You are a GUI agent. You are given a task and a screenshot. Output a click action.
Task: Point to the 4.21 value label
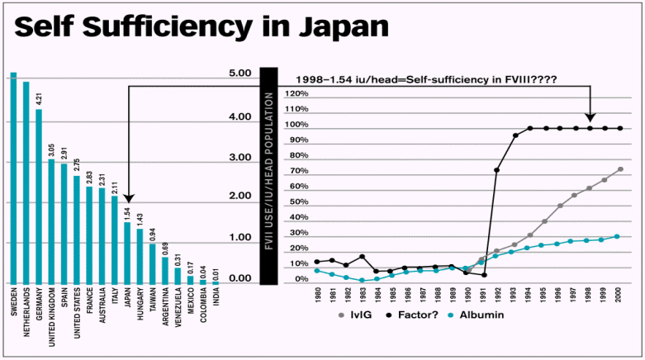(38, 99)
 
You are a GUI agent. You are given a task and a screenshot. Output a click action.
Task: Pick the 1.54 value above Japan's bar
(128, 212)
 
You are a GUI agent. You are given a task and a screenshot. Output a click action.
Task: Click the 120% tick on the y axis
(296, 93)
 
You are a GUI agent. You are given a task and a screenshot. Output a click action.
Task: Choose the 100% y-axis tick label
(296, 125)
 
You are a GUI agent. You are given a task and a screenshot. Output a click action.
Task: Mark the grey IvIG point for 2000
(619, 169)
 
